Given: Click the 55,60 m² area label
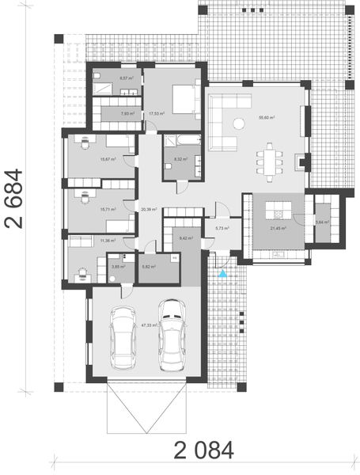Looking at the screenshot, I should (x=266, y=118).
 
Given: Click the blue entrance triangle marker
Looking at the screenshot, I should (x=223, y=274).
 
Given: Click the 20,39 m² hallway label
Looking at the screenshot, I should (x=148, y=210).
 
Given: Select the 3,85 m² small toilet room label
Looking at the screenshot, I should (x=117, y=267).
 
